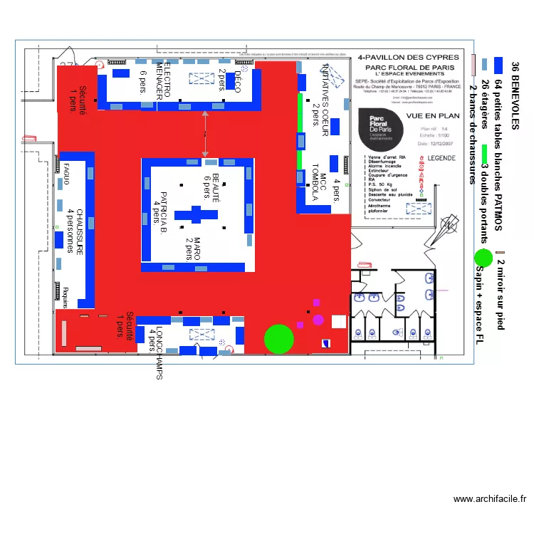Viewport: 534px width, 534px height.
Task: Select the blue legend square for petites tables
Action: coord(499,66)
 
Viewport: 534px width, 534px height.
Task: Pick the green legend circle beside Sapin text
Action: coord(483,258)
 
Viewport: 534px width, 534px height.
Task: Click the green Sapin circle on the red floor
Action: coord(279,339)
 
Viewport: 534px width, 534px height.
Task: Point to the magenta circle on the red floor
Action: coord(318,320)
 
